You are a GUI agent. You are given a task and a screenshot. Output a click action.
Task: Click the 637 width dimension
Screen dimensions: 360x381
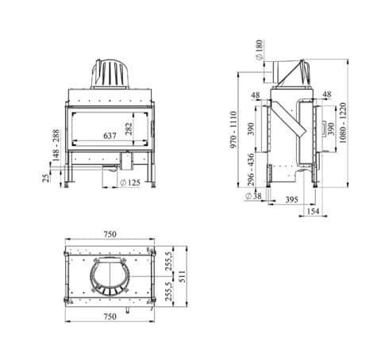click(110, 136)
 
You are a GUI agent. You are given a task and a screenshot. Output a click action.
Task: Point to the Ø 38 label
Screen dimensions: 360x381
click(256, 195)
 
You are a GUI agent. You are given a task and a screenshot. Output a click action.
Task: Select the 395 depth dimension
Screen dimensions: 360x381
click(291, 201)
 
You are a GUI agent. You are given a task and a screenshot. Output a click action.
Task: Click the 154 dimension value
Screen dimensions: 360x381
click(313, 213)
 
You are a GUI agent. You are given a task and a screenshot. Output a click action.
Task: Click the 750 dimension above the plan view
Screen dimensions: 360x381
click(110, 234)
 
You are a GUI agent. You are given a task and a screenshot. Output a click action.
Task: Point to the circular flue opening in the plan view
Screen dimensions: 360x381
click(110, 281)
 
